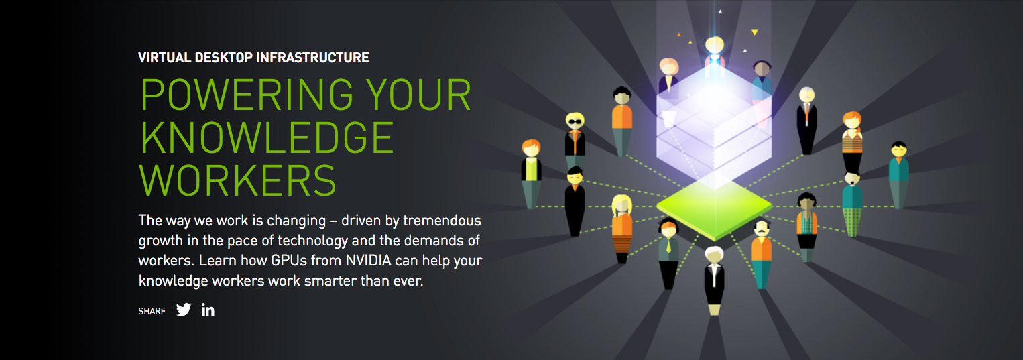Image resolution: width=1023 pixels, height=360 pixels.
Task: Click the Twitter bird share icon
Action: click(x=184, y=310)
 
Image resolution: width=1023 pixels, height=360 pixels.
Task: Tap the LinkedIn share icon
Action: click(x=208, y=310)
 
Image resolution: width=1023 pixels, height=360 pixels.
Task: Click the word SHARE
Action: click(x=152, y=311)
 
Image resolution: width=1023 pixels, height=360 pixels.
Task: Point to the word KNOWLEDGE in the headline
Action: click(x=267, y=137)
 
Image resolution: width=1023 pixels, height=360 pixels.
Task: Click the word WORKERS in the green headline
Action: click(x=237, y=180)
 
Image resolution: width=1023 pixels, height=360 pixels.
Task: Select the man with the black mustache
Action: click(x=761, y=251)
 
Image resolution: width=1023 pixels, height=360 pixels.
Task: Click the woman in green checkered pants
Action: click(x=852, y=201)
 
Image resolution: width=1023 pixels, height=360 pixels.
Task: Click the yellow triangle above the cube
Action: click(x=754, y=32)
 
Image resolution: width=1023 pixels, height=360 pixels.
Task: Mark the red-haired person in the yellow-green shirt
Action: click(x=531, y=171)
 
